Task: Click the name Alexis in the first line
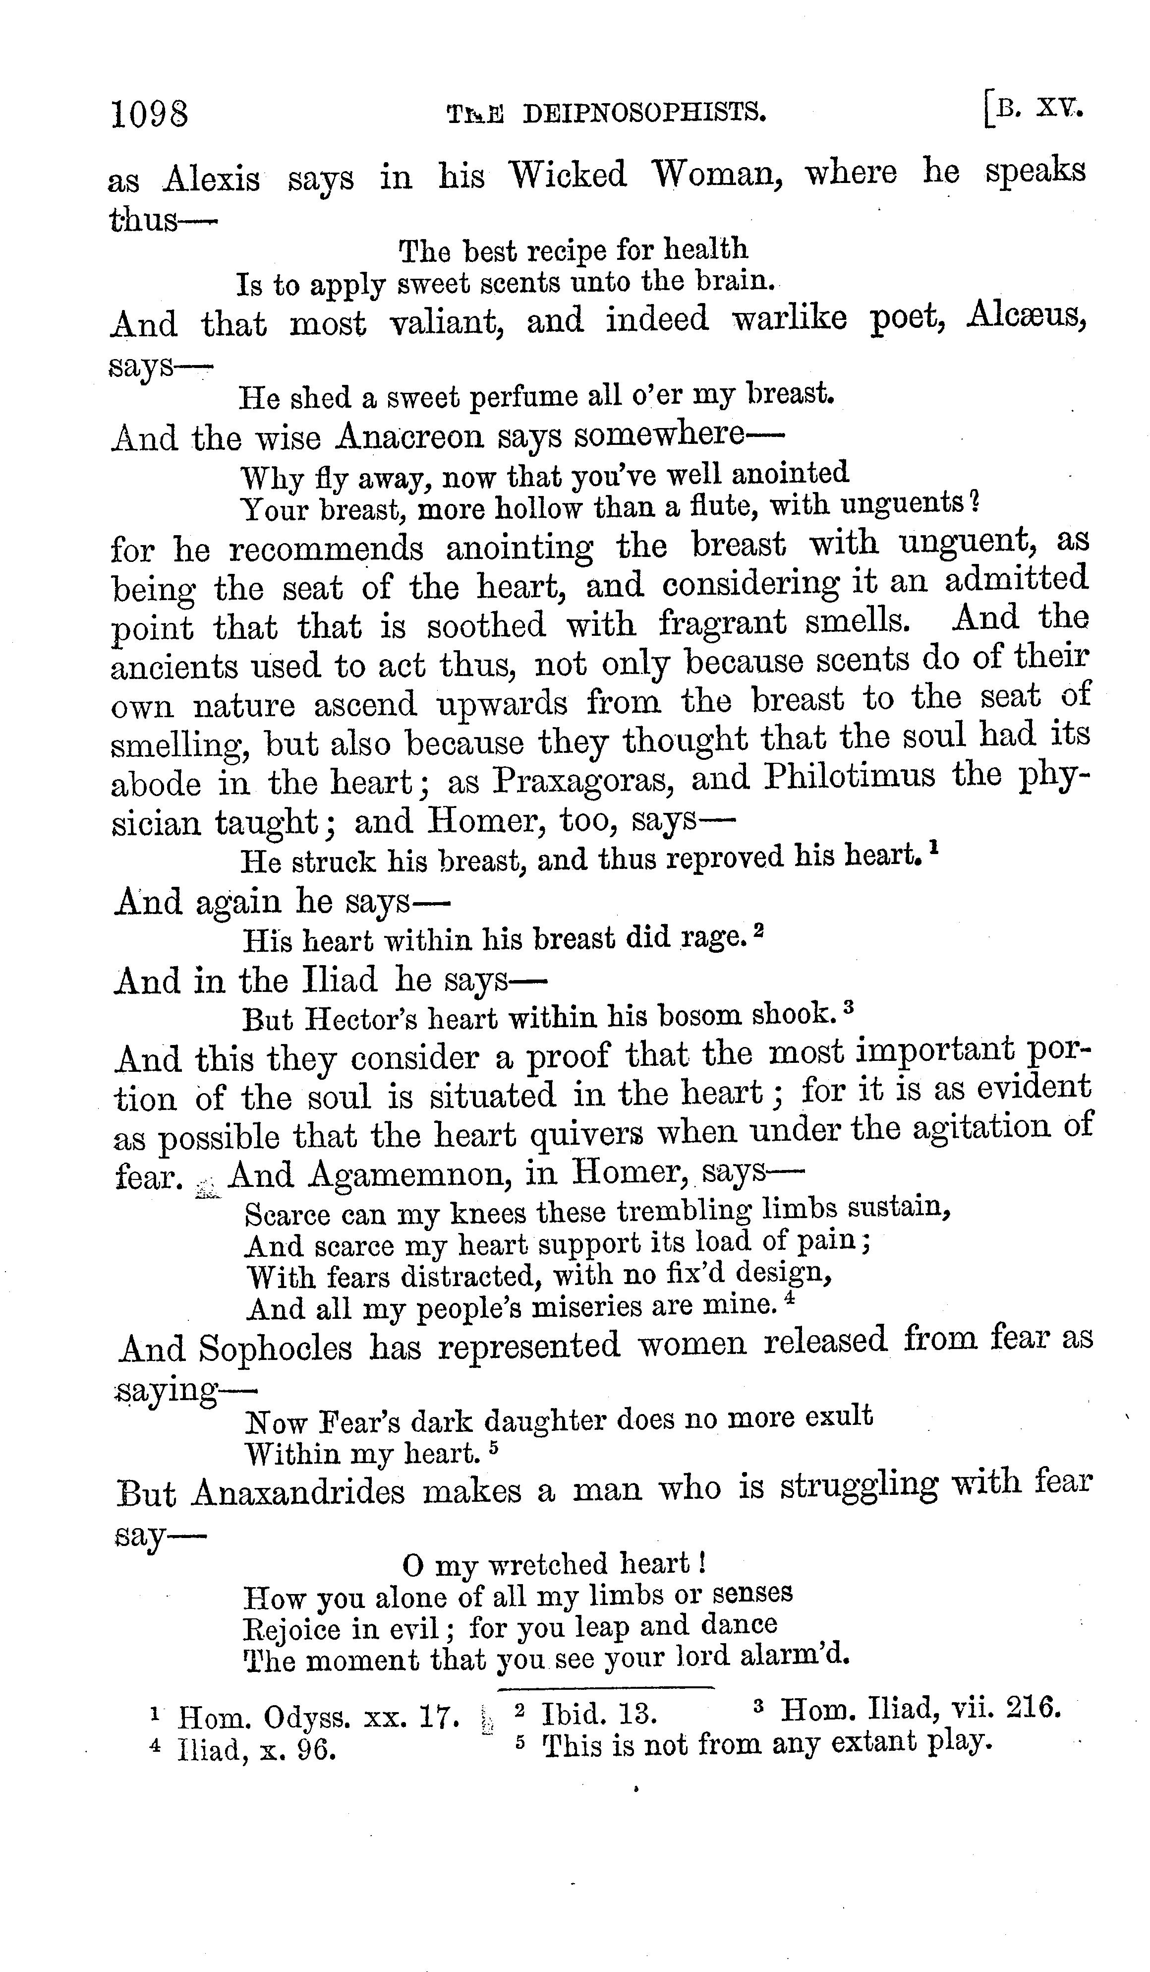point(211,179)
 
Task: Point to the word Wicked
point(568,175)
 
